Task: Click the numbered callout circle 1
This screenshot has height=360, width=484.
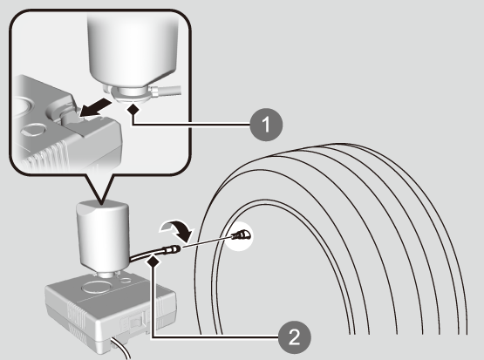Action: tap(266, 125)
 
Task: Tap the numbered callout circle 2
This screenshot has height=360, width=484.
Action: tap(295, 336)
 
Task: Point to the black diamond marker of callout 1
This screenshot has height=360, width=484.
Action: tap(133, 109)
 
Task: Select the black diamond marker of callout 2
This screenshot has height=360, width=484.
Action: tap(154, 262)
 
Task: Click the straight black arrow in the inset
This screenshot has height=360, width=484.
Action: tap(95, 108)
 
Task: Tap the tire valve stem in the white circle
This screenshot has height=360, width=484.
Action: tap(241, 236)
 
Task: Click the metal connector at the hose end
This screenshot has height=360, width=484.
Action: tap(172, 249)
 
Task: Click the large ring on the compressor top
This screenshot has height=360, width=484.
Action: tap(96, 287)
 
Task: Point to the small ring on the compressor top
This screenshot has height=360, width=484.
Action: tap(126, 280)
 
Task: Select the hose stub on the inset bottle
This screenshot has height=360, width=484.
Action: tap(165, 91)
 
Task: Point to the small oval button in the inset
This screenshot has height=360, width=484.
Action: tap(31, 131)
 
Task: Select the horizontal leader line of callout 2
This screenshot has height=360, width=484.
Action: tap(215, 337)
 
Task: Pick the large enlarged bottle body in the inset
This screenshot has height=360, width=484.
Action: tap(133, 51)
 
